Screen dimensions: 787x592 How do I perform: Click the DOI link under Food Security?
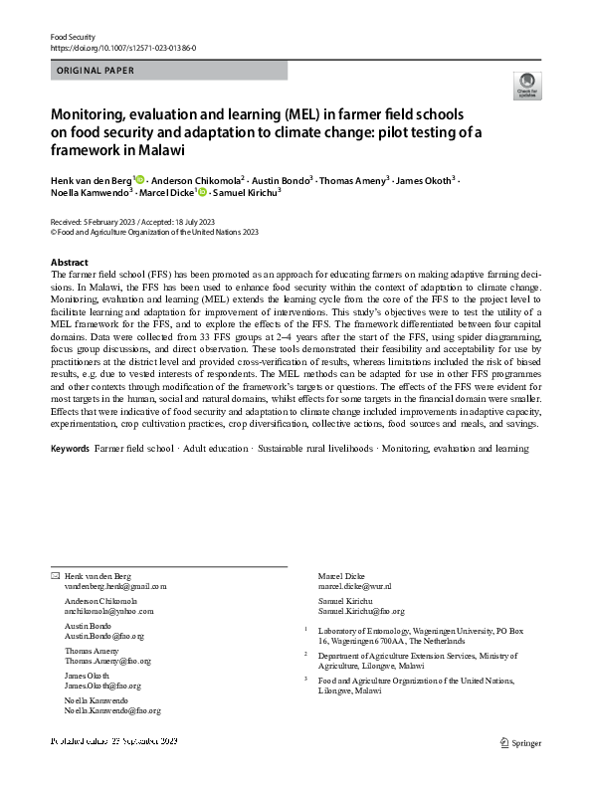coord(122,47)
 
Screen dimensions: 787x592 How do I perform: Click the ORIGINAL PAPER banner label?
coord(97,71)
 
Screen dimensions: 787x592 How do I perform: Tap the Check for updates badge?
coord(526,86)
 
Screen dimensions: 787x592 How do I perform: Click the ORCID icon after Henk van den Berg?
coord(140,179)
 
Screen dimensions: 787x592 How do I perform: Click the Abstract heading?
coord(69,263)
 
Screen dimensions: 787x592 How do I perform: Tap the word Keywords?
coord(70,451)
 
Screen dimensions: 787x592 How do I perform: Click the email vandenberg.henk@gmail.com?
coord(115,588)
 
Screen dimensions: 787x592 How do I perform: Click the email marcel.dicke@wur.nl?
coord(354,588)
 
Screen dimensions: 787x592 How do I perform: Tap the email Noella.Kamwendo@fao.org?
coord(112,711)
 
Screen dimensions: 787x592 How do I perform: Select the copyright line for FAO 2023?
coord(154,231)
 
